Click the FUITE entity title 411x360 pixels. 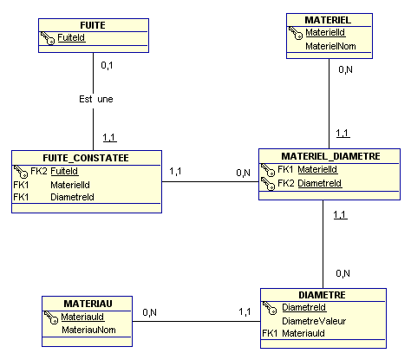click(93, 25)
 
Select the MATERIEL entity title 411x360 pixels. click(328, 20)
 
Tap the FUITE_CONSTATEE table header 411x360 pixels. click(86, 158)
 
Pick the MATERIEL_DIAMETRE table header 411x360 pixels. click(330, 156)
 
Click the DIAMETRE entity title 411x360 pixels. click(322, 295)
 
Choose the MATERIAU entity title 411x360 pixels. click(88, 304)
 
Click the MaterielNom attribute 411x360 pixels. click(330, 46)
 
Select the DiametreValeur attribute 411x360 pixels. click(314, 321)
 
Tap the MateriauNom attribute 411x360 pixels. click(88, 330)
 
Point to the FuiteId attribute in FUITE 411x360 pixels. click(71, 37)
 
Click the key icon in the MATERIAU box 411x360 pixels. click(51, 317)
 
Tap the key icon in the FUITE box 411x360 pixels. click(48, 38)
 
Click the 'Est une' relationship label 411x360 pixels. click(96, 99)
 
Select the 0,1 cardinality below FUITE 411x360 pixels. click(107, 66)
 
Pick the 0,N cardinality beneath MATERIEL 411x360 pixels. click(345, 69)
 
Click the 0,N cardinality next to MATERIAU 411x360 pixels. click(149, 312)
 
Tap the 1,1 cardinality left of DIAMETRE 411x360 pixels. click(245, 311)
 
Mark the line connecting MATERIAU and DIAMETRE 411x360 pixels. click(196, 321)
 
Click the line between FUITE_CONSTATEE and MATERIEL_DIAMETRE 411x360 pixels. click(210, 182)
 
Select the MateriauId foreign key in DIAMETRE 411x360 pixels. click(303, 333)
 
